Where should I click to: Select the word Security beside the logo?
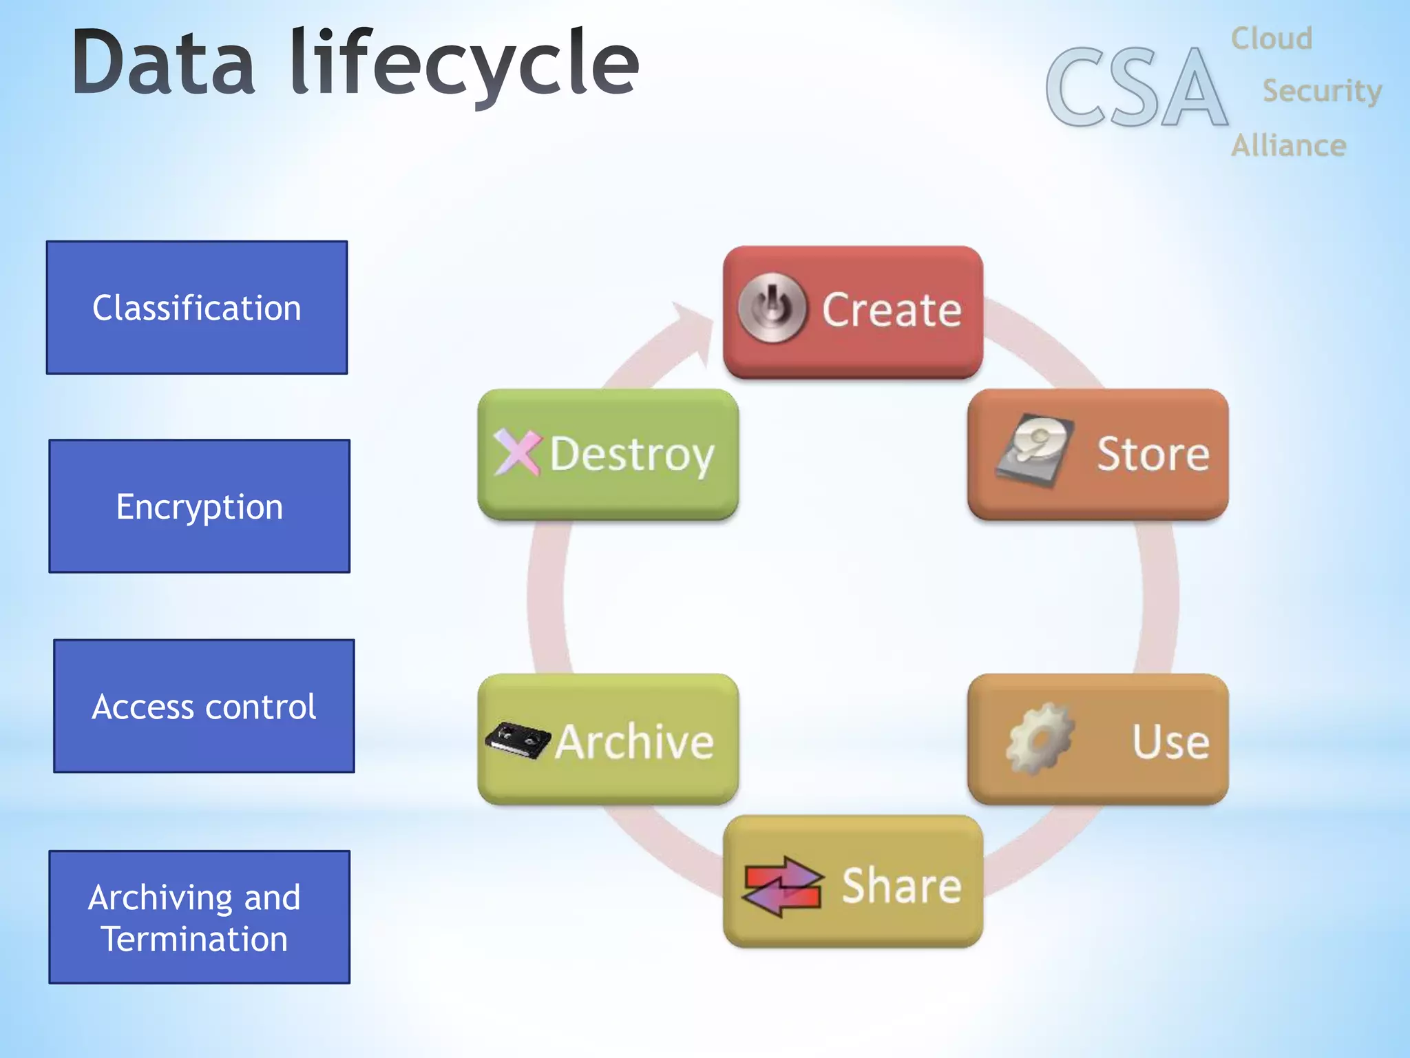1321,91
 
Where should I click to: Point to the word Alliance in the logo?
1288,146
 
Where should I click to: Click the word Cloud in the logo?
1271,39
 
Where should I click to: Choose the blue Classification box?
197,308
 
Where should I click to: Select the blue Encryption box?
200,506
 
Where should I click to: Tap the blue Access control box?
204,706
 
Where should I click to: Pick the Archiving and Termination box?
200,917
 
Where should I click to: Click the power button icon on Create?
772,308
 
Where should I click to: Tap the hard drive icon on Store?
1035,450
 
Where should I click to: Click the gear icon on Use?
1039,739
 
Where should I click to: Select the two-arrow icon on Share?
783,886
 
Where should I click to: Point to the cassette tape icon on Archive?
518,740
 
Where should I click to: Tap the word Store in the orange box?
1152,454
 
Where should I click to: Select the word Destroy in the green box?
632,455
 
